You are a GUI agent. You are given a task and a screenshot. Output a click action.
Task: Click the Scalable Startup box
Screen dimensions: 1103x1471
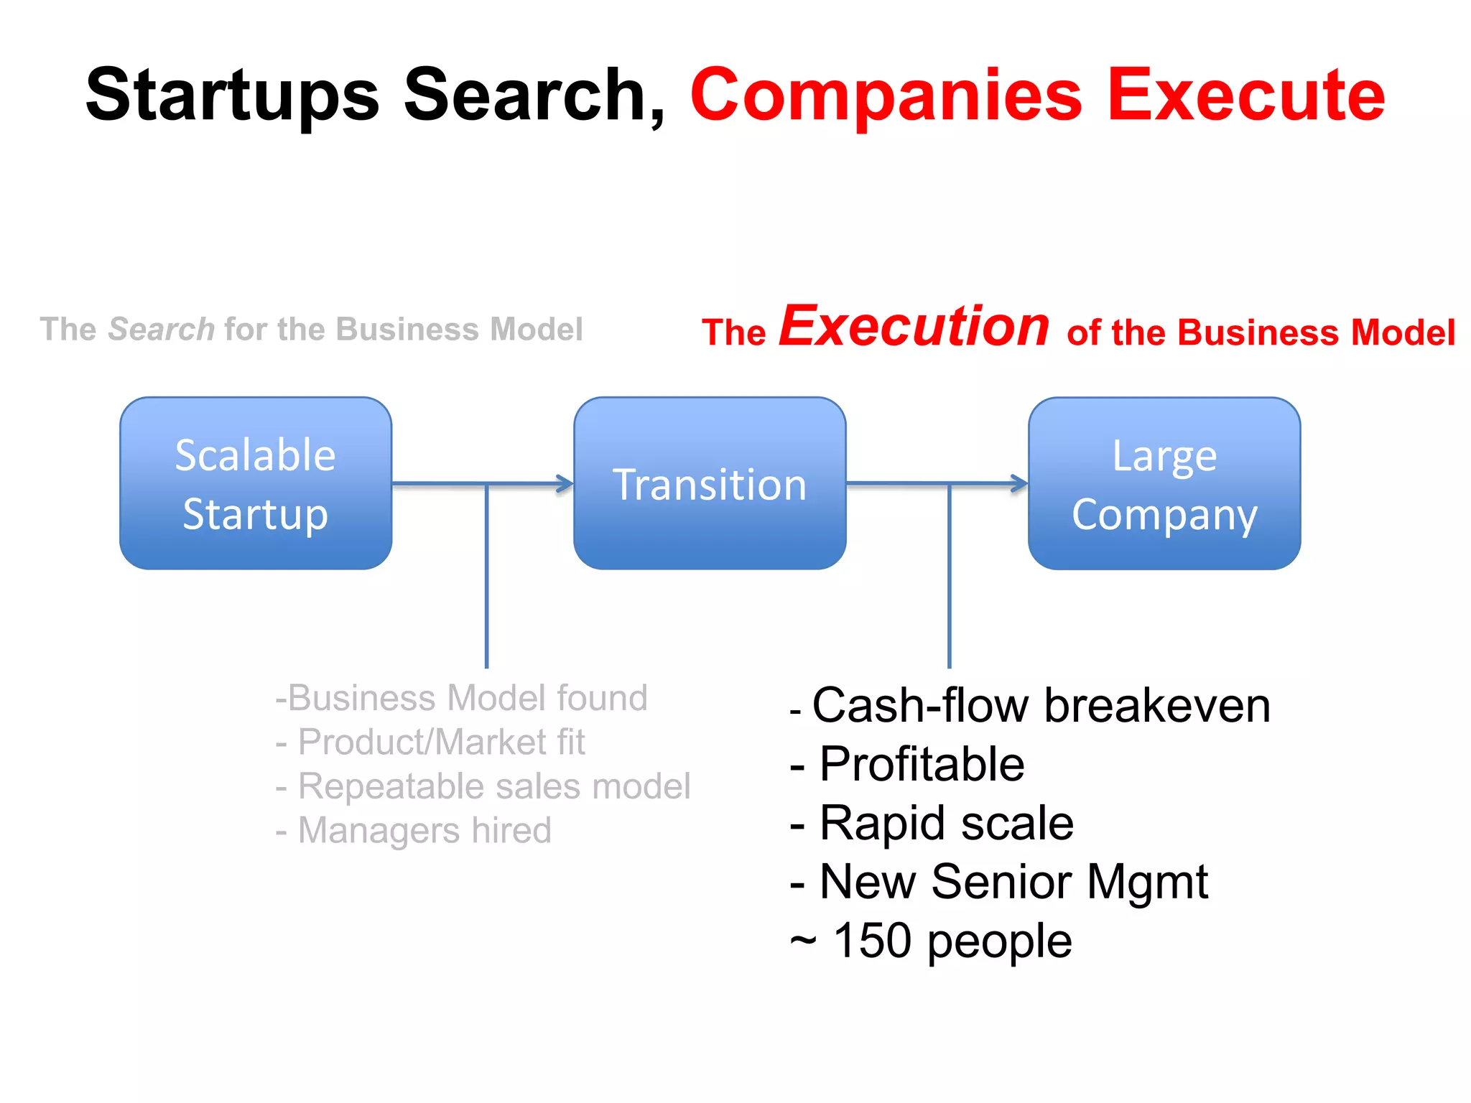(x=256, y=483)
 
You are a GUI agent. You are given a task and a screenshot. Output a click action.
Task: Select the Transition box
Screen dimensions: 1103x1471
(x=710, y=483)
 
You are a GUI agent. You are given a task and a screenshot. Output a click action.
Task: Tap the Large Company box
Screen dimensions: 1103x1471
(x=1164, y=483)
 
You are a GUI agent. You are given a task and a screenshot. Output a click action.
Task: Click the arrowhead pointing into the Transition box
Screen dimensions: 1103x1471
(x=565, y=484)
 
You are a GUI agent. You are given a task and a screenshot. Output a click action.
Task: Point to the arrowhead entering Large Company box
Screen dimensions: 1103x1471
(x=1019, y=484)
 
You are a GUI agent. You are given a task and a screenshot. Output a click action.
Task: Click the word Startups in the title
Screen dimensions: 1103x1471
(x=232, y=96)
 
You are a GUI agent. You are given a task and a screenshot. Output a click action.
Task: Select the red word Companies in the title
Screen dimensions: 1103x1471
(x=886, y=96)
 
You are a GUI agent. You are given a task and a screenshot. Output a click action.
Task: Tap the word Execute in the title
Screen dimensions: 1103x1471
(x=1246, y=96)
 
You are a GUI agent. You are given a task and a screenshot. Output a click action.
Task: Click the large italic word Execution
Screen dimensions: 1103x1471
(x=914, y=327)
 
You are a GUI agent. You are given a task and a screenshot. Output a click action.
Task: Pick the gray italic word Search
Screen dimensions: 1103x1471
(x=162, y=330)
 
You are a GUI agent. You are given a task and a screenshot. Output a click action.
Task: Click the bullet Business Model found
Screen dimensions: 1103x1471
(x=462, y=698)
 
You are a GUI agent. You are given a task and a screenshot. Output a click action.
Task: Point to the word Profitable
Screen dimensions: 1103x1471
(x=922, y=764)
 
